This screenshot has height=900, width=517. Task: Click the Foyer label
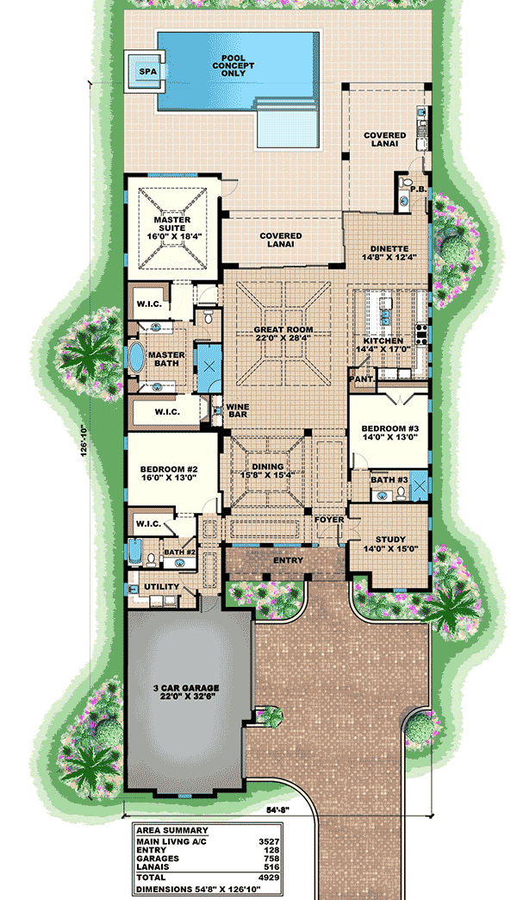[x=328, y=520]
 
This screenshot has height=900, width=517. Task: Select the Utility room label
[x=162, y=587]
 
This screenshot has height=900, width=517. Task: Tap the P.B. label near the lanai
[x=419, y=189]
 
